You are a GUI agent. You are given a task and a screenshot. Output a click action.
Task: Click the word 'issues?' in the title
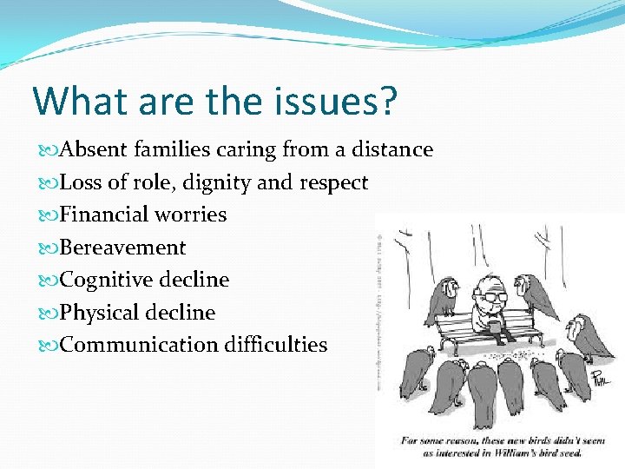click(336, 101)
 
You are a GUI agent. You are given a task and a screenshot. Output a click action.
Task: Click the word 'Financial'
click(104, 215)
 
